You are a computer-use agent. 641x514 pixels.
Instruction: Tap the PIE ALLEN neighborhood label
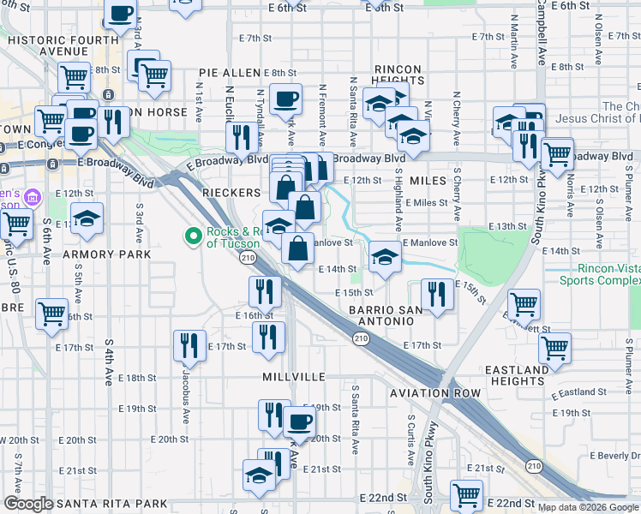(229, 74)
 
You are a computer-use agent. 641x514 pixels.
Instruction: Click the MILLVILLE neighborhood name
(295, 377)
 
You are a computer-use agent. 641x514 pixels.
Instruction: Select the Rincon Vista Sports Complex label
(595, 272)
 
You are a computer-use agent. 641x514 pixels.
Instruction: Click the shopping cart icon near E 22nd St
(466, 494)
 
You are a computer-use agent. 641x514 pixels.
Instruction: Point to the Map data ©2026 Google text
(589, 507)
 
